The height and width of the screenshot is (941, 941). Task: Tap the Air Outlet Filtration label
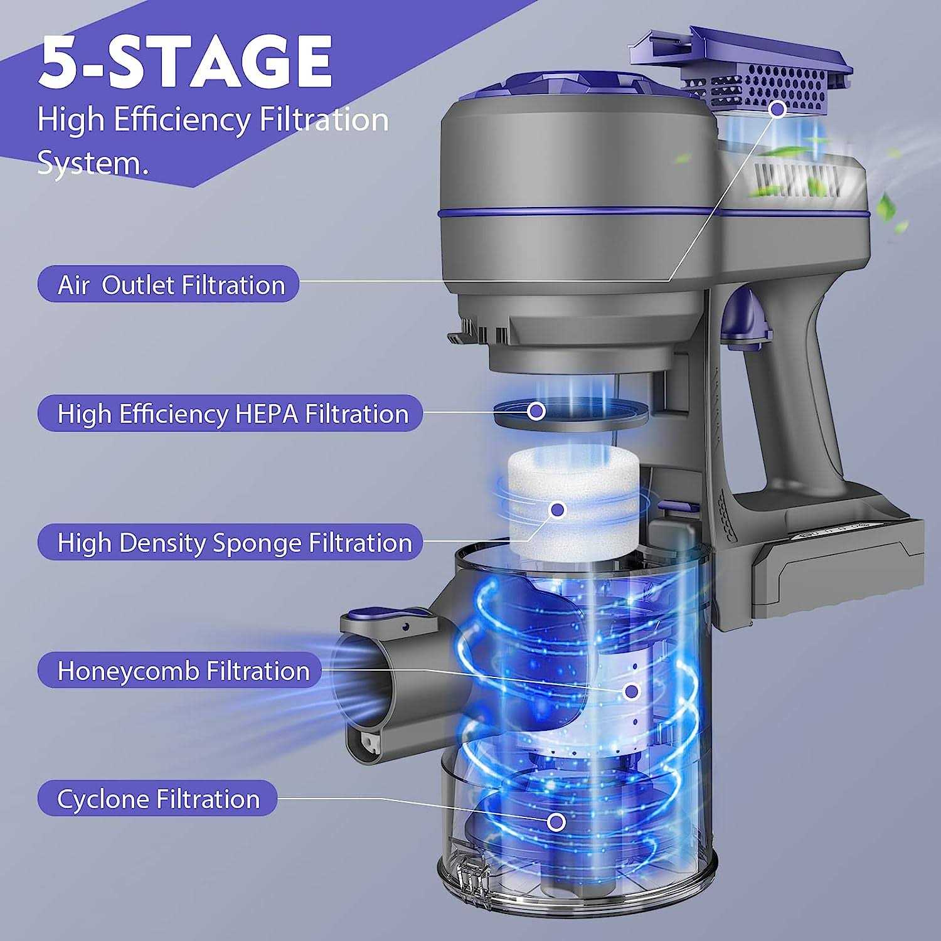click(x=168, y=284)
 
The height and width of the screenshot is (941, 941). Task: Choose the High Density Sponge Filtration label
click(x=231, y=542)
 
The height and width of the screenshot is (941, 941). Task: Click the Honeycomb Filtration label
click(x=179, y=671)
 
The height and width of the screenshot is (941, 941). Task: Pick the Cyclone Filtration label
click(x=157, y=799)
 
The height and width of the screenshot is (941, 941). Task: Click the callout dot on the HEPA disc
click(x=536, y=412)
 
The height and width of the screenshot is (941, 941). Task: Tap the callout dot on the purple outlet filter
click(x=778, y=109)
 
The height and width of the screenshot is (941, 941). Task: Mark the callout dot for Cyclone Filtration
click(x=556, y=821)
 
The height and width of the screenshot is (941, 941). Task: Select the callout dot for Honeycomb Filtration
click(x=631, y=691)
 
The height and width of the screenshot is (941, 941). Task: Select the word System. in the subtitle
click(x=93, y=162)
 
